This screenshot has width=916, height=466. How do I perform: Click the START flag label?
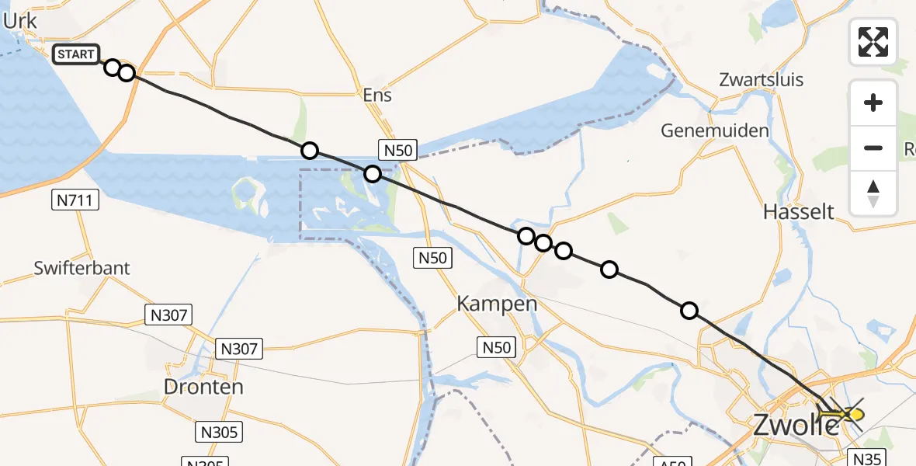coord(76,54)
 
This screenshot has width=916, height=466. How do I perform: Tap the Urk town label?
coord(20,22)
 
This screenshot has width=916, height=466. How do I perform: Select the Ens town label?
coord(377,96)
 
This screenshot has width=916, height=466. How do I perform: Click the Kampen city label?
coord(497,303)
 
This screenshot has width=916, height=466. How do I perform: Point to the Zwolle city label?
coord(796,424)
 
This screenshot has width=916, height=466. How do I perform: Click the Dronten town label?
coord(203,387)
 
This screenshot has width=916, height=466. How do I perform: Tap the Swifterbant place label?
coord(82,269)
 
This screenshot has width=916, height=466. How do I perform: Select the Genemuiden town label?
coord(715,130)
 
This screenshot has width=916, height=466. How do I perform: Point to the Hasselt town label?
coord(799,211)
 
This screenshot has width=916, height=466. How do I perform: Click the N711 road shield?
coord(75,201)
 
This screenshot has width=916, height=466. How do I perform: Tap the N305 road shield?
coord(218,432)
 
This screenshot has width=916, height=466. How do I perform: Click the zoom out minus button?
coord(873,148)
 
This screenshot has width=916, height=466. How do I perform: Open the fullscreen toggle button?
coord(873,42)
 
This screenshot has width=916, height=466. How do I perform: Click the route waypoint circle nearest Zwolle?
coord(689,311)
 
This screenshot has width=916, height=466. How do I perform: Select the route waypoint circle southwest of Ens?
coord(310,151)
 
